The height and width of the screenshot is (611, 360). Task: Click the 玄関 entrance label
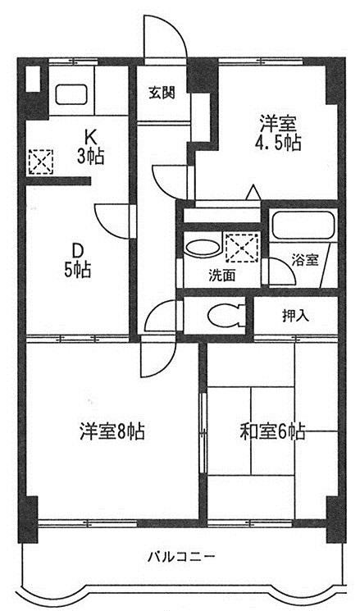point(162,93)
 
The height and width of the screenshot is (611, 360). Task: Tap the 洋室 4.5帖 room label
point(278,133)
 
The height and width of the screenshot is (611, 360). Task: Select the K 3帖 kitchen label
point(89,148)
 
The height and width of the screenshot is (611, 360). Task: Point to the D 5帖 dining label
point(78,260)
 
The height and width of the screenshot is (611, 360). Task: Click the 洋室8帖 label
point(112,431)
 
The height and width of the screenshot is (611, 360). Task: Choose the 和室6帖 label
point(272,431)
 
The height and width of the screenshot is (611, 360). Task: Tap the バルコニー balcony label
point(180,556)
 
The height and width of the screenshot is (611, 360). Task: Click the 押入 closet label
point(296,317)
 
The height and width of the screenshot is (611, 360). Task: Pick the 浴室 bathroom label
point(305,260)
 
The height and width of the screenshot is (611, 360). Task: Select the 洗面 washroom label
point(221,276)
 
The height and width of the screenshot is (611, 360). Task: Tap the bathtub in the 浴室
point(303,225)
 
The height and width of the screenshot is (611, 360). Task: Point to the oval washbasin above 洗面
point(202,248)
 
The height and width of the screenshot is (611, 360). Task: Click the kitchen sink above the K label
point(71,94)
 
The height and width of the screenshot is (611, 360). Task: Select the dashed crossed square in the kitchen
point(41,162)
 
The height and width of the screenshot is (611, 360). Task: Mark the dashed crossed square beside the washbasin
point(243,247)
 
